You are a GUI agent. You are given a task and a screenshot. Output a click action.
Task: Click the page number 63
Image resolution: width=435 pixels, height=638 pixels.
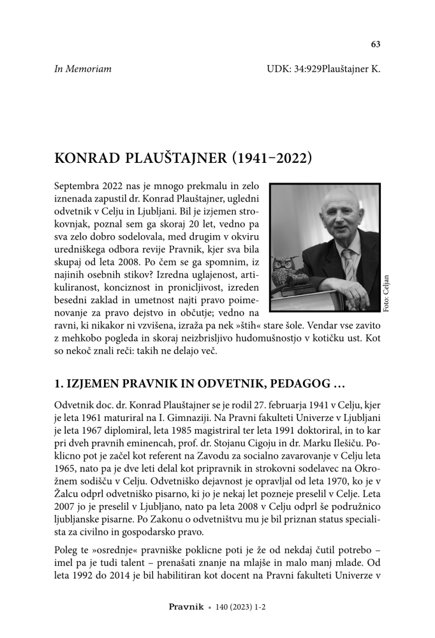coord(375,44)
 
